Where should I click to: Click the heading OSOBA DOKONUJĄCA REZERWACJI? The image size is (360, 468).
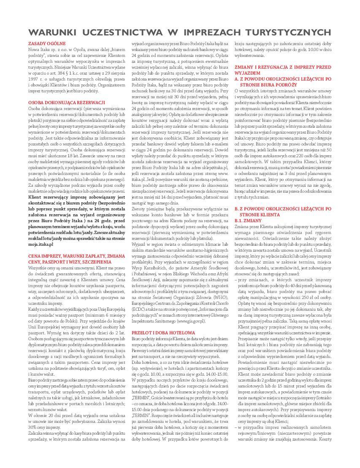click(x=60, y=102)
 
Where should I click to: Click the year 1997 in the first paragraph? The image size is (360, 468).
click(x=34, y=79)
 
